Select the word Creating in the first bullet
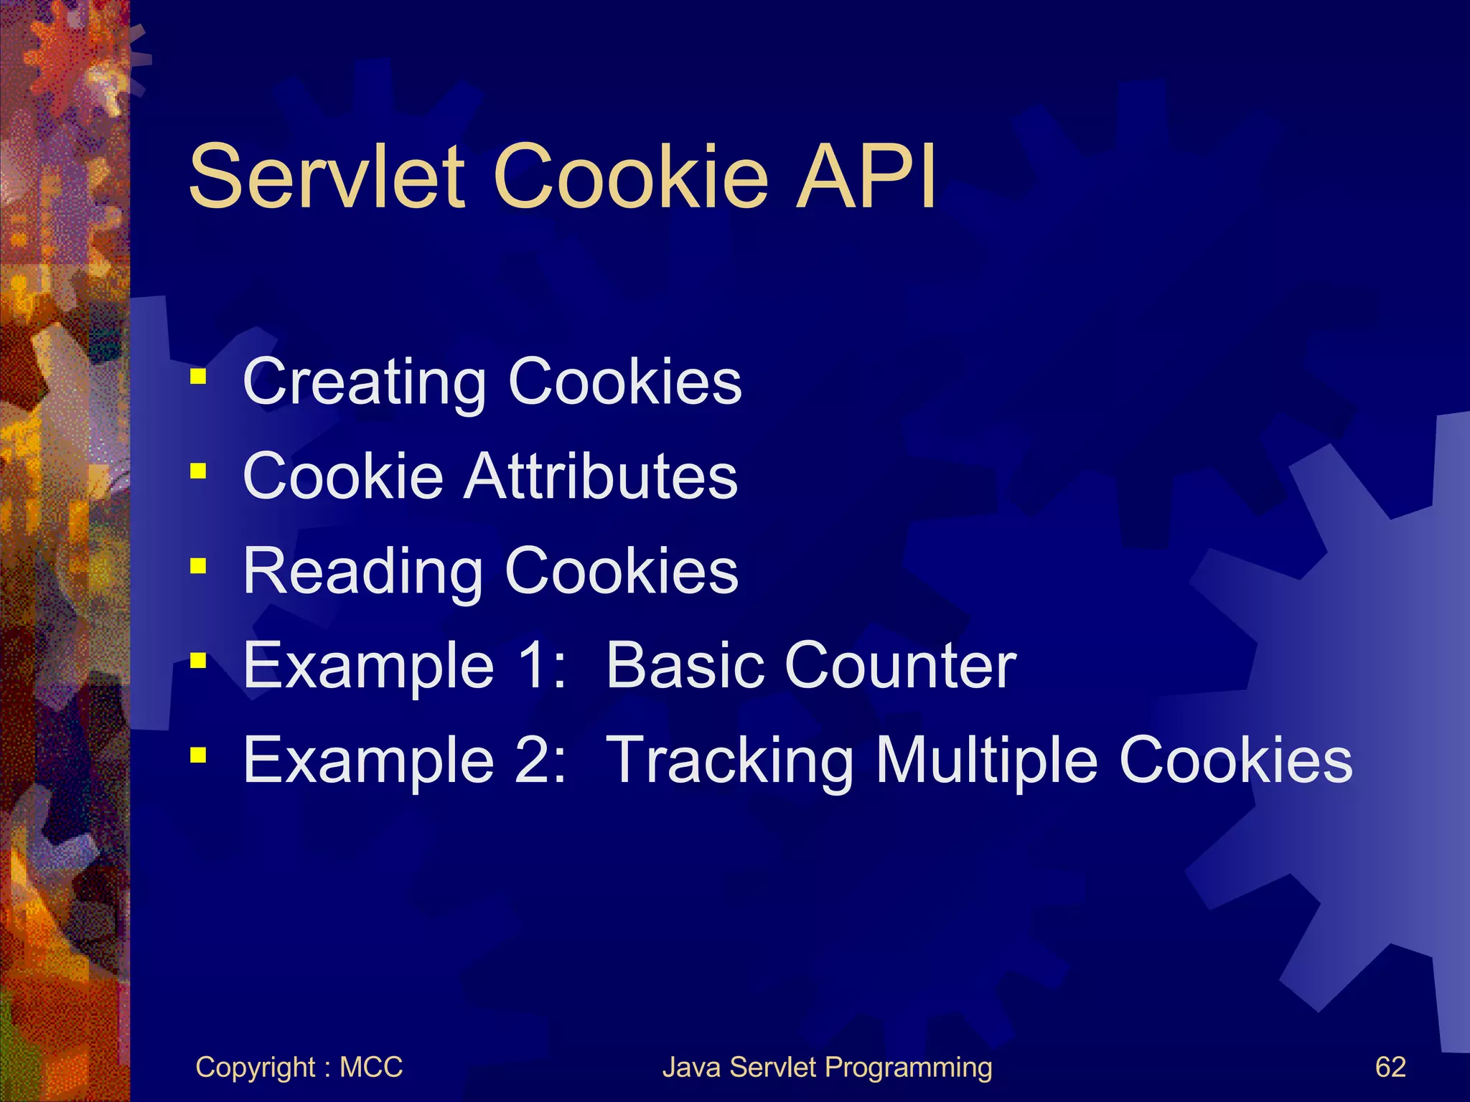click(365, 383)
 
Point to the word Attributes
click(600, 476)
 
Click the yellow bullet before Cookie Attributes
click(199, 471)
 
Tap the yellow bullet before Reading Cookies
click(199, 566)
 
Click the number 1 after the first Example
click(537, 666)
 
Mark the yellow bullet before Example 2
click(199, 755)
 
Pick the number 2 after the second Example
click(537, 760)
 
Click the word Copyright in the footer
click(256, 1068)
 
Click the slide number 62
click(1390, 1067)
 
